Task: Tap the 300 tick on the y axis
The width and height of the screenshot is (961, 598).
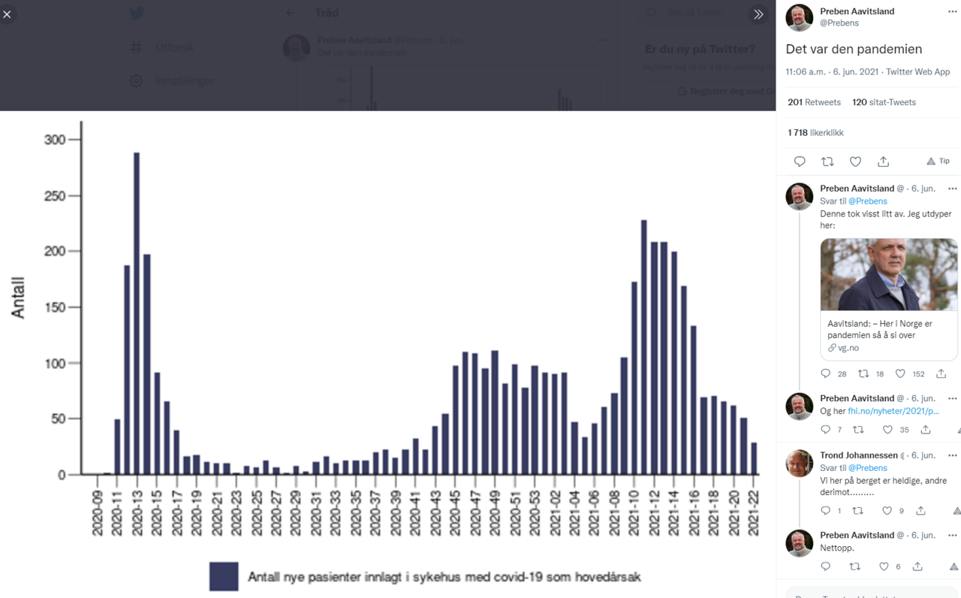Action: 55,140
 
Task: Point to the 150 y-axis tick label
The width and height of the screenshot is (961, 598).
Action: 55,307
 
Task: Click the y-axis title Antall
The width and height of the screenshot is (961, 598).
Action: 18,298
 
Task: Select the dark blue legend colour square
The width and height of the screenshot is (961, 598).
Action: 224,576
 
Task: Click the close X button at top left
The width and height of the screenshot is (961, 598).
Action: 8,14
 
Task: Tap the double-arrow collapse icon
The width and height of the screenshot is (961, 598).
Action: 758,14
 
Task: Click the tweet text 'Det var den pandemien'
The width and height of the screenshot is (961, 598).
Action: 854,49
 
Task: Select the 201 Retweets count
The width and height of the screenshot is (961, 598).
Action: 814,102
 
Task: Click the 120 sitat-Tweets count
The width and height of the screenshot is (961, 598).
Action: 884,102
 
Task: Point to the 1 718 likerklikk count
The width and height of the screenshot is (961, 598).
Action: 815,133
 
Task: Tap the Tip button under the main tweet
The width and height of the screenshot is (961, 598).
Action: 938,162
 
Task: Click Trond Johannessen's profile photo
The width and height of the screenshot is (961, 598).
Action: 799,464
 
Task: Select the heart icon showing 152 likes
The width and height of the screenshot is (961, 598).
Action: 900,373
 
